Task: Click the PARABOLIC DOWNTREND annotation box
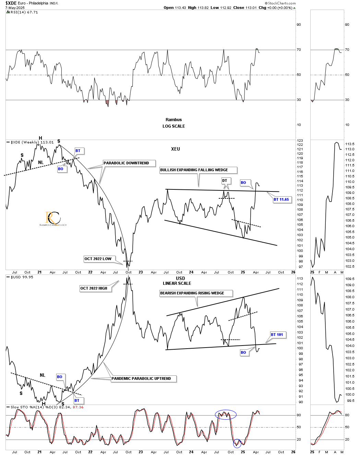[129, 163]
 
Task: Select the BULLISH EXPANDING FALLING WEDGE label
[198, 170]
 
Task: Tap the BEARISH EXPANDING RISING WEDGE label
[196, 293]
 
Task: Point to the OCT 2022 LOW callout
[98, 259]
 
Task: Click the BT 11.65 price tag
[281, 199]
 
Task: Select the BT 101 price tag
[277, 335]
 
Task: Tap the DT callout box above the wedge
[225, 180]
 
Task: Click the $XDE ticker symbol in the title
[11, 3]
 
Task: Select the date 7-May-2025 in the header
[15, 8]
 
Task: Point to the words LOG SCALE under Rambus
[173, 126]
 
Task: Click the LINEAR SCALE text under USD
[177, 283]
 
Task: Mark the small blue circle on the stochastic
[237, 443]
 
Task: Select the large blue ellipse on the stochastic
[226, 415]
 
